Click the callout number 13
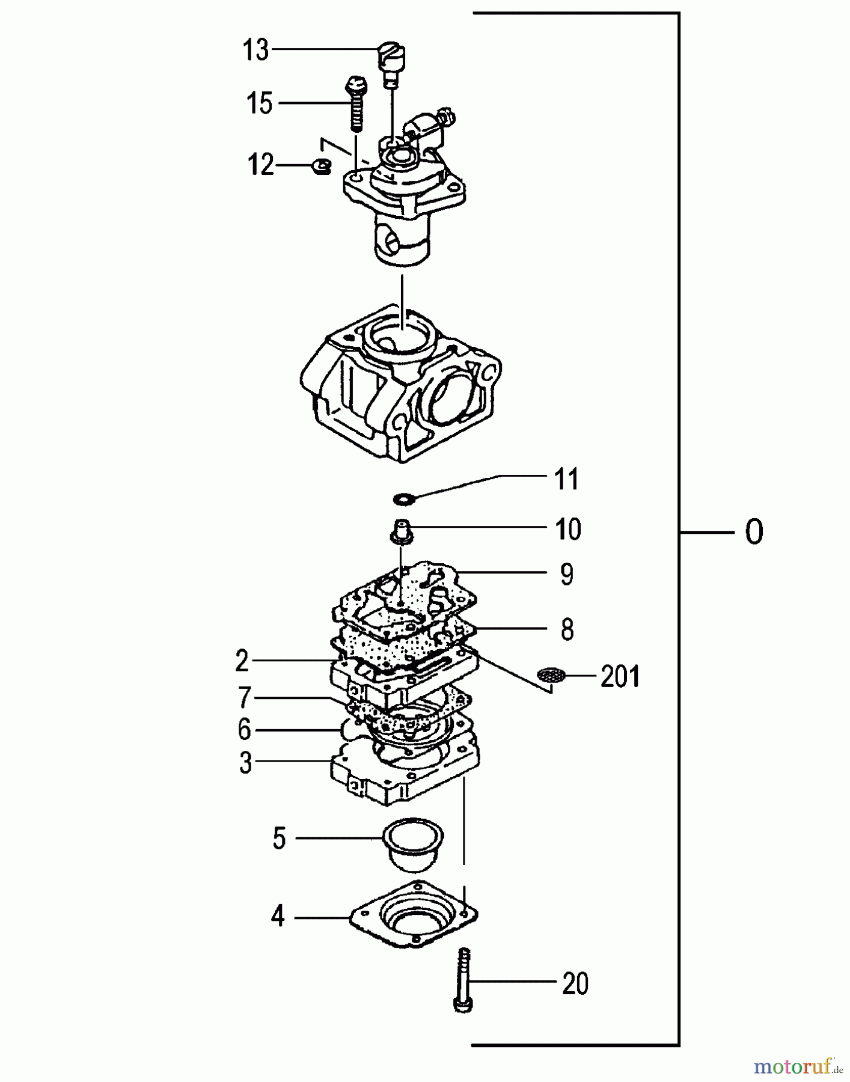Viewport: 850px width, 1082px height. [x=255, y=50]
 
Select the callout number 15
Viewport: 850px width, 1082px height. [x=260, y=103]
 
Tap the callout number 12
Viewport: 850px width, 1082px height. [x=261, y=164]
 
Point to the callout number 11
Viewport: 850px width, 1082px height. [x=566, y=479]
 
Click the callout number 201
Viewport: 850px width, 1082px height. [x=620, y=677]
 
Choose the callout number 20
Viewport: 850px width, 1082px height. [x=575, y=984]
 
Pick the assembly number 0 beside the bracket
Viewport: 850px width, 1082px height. [x=754, y=532]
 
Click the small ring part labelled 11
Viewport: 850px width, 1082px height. [x=403, y=498]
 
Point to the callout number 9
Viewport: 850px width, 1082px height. [x=566, y=575]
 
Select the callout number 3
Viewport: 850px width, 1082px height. [x=245, y=763]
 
